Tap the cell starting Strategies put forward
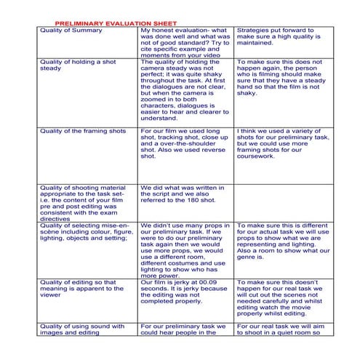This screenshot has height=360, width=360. pos(281,36)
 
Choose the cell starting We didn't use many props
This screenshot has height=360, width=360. pos(184,250)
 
